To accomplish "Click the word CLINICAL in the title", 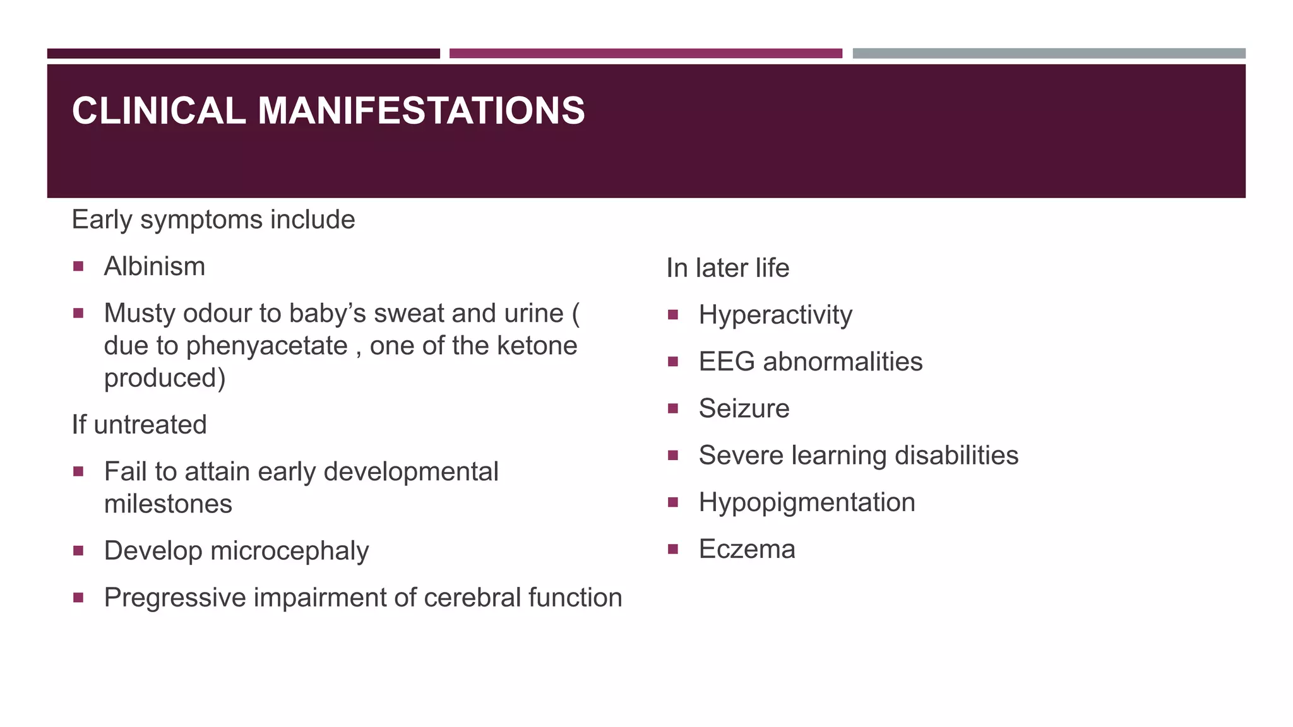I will [158, 111].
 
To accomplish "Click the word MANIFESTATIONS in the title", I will [421, 111].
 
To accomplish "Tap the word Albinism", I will [155, 266].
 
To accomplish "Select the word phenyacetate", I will [266, 346].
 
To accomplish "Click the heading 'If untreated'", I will [139, 425].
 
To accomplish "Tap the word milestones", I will [168, 504].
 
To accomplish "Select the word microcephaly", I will [289, 551].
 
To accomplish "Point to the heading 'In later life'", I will [727, 268].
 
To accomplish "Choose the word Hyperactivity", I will [775, 315].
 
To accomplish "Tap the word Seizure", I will [744, 409].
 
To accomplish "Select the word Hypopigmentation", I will [807, 502].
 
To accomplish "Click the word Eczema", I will [747, 549].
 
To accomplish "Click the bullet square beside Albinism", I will [78, 266].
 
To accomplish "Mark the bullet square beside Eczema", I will [673, 549].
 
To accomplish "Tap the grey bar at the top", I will [1049, 54].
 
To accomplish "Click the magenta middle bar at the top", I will [645, 54].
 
